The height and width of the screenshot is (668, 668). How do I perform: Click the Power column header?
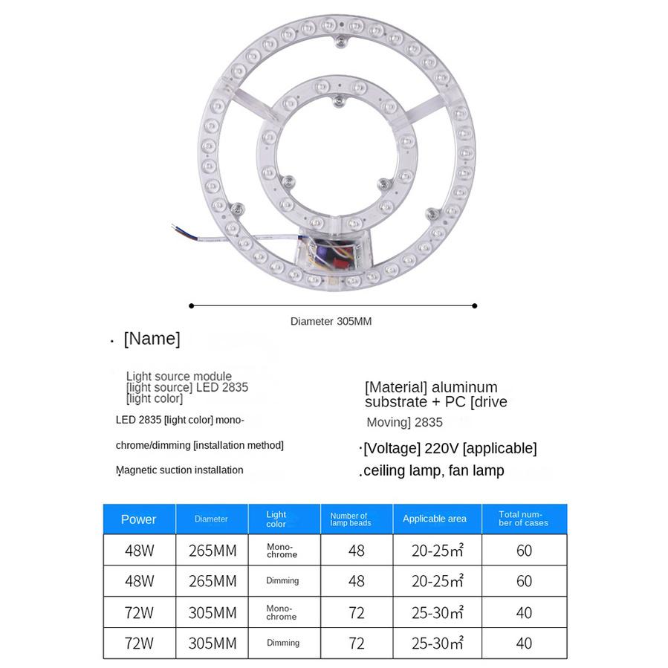point(139,519)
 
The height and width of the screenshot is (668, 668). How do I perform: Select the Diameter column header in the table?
point(211,519)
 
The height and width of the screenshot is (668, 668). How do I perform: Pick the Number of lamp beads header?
point(350,519)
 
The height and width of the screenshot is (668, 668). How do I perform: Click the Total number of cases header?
point(524,519)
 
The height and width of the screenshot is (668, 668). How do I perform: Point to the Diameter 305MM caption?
point(331,322)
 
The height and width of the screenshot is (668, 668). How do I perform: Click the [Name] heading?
point(152,339)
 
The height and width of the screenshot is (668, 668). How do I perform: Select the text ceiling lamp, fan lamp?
point(433,470)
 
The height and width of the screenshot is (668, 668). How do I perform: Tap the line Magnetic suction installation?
point(180,470)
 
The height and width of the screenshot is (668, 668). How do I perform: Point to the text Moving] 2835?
point(404,422)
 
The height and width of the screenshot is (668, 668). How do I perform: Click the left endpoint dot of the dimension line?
point(192,305)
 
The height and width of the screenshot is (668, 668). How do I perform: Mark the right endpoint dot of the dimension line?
point(475,305)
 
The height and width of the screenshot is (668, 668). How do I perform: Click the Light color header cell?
point(276,519)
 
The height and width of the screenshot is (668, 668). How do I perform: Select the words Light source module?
point(179,376)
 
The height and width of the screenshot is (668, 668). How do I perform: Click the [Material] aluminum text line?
point(431,387)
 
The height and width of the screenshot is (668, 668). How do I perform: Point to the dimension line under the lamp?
point(333,305)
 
